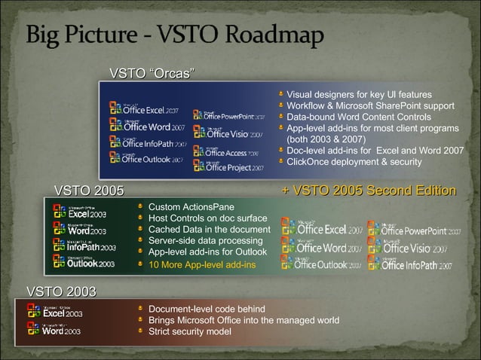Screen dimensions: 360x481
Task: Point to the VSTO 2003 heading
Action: pyautogui.click(x=61, y=291)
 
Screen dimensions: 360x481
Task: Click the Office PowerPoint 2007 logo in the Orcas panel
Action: pyautogui.click(x=228, y=115)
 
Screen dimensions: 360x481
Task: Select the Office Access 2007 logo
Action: pyautogui.click(x=226, y=151)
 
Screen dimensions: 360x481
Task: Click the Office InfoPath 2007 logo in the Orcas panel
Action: pyautogui.click(x=146, y=142)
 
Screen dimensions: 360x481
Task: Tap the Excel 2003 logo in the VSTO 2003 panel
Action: pyautogui.click(x=55, y=312)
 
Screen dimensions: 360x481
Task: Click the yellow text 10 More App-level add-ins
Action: pyautogui.click(x=202, y=264)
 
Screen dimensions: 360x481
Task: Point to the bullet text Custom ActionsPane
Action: pyautogui.click(x=191, y=206)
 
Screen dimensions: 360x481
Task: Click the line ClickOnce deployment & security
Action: pyautogui.click(x=354, y=161)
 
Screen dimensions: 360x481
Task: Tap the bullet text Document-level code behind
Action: pyautogui.click(x=207, y=309)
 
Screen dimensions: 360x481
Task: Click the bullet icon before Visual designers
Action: pyautogui.click(x=280, y=94)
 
